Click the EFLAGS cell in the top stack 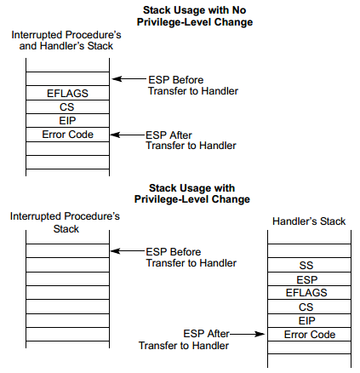pyautogui.click(x=67, y=93)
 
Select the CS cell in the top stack pyautogui.click(x=67, y=106)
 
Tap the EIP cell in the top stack pyautogui.click(x=67, y=121)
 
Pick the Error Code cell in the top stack pyautogui.click(x=67, y=135)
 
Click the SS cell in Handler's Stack pyautogui.click(x=309, y=265)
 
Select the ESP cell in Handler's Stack pyautogui.click(x=309, y=278)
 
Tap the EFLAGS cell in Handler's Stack pyautogui.click(x=309, y=292)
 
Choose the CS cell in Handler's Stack pyautogui.click(x=309, y=307)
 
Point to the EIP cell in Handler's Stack pyautogui.click(x=309, y=320)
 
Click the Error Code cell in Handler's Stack pyautogui.click(x=309, y=334)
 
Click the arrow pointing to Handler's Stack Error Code pyautogui.click(x=247, y=334)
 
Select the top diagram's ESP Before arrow pyautogui.click(x=129, y=79)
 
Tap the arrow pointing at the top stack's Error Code pyautogui.click(x=128, y=135)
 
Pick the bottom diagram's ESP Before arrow pyautogui.click(x=128, y=251)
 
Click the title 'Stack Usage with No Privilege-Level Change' pyautogui.click(x=195, y=16)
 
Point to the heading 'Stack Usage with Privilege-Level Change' pyautogui.click(x=192, y=193)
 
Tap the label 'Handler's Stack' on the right pyautogui.click(x=309, y=221)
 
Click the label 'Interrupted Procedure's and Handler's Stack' pyautogui.click(x=66, y=40)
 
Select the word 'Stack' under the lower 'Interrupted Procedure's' pyautogui.click(x=66, y=229)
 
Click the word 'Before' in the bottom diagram pyautogui.click(x=186, y=252)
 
